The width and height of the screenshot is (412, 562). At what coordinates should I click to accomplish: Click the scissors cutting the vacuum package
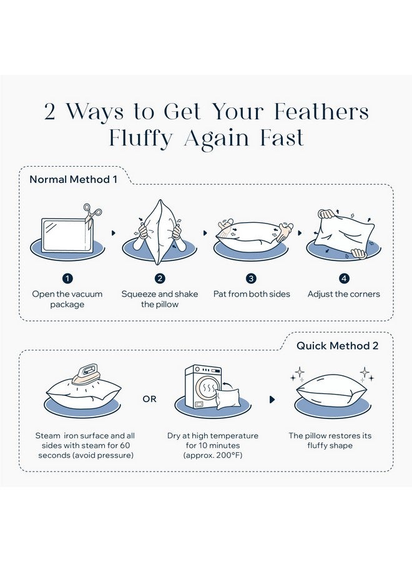92,215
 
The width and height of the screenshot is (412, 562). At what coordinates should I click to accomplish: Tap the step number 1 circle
67,279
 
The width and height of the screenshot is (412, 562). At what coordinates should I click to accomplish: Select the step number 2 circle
160,279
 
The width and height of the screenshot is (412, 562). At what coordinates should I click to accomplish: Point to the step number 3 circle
252,279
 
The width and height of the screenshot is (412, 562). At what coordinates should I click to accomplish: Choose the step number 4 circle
344,279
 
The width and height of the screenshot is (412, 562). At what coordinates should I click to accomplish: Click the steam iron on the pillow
84,374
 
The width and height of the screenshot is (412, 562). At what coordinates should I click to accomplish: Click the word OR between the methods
149,399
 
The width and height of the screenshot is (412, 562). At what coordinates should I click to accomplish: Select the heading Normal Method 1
74,179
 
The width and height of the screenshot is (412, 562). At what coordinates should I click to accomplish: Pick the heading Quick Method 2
337,346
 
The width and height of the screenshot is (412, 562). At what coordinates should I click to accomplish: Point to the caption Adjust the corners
343,294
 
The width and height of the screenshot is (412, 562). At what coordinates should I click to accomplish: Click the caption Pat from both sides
252,294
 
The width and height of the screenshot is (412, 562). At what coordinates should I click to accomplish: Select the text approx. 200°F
213,456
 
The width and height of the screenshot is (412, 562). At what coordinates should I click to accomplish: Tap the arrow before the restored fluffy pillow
272,399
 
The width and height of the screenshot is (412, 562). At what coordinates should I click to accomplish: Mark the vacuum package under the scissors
67,236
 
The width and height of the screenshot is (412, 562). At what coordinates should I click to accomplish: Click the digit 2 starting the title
50,112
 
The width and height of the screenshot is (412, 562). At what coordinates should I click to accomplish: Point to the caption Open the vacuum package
67,299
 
